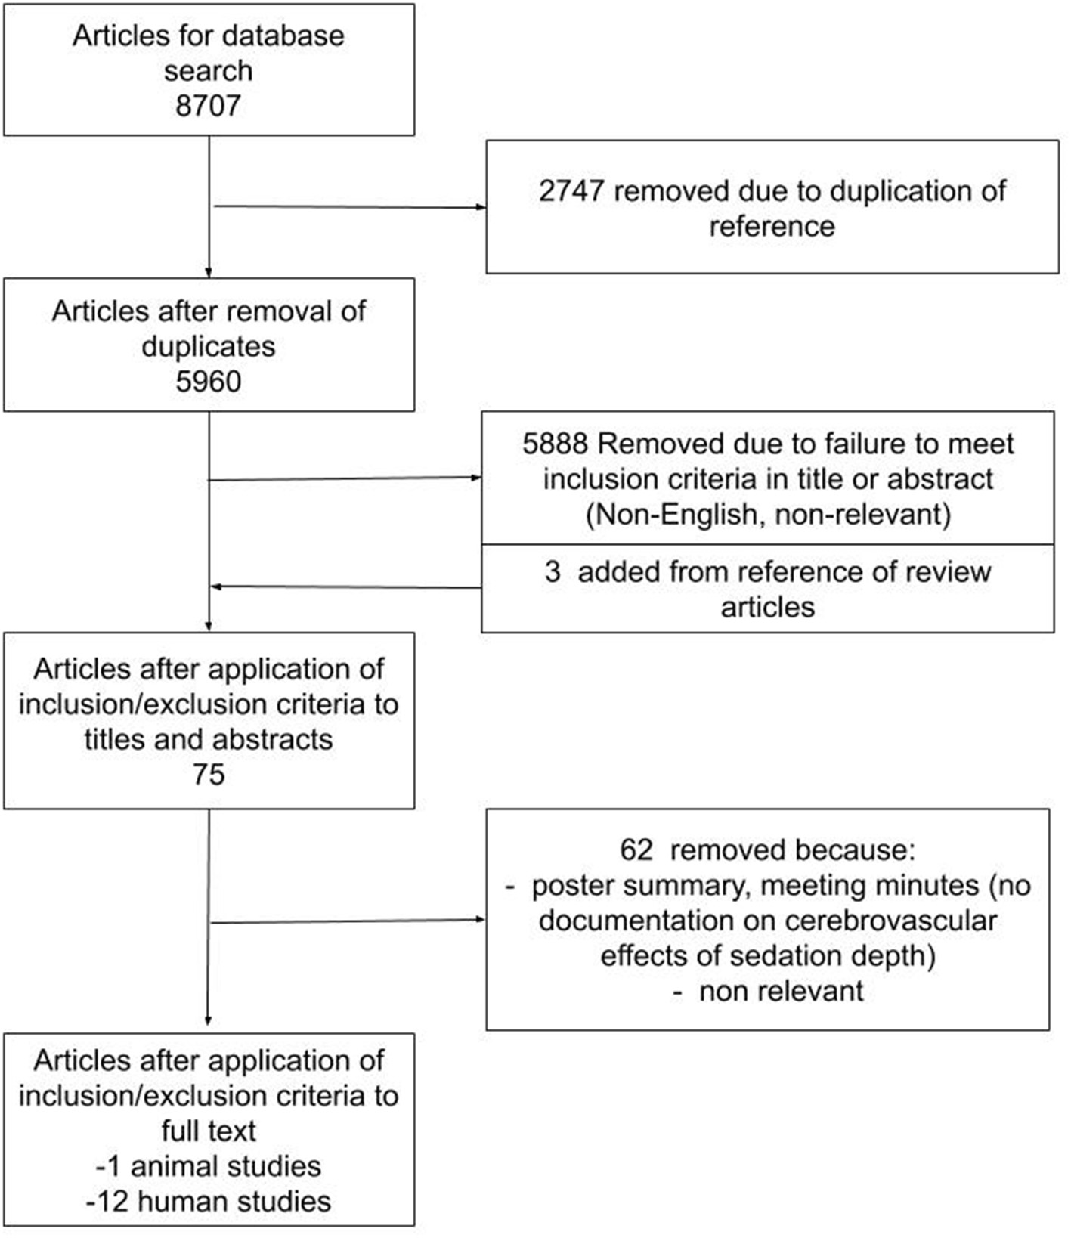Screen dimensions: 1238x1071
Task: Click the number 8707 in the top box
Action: (x=208, y=105)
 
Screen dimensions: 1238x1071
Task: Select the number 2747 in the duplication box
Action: (x=571, y=190)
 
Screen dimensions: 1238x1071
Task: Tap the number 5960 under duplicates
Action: (x=208, y=381)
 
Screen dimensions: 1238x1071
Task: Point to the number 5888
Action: (x=555, y=444)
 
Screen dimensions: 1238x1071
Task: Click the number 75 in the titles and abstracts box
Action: (x=208, y=774)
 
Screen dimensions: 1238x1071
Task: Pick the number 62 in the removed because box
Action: (x=636, y=850)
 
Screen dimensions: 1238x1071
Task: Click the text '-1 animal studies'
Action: (x=208, y=1166)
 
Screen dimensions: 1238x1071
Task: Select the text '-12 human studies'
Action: (x=208, y=1201)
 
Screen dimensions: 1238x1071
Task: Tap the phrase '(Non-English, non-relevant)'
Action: (x=768, y=514)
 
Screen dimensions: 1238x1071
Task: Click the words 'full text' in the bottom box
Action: (x=208, y=1131)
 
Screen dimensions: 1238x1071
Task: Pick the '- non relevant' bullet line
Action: (x=768, y=991)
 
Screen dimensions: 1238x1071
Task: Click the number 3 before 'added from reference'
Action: (x=552, y=571)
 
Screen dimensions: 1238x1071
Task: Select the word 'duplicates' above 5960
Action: (x=208, y=346)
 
